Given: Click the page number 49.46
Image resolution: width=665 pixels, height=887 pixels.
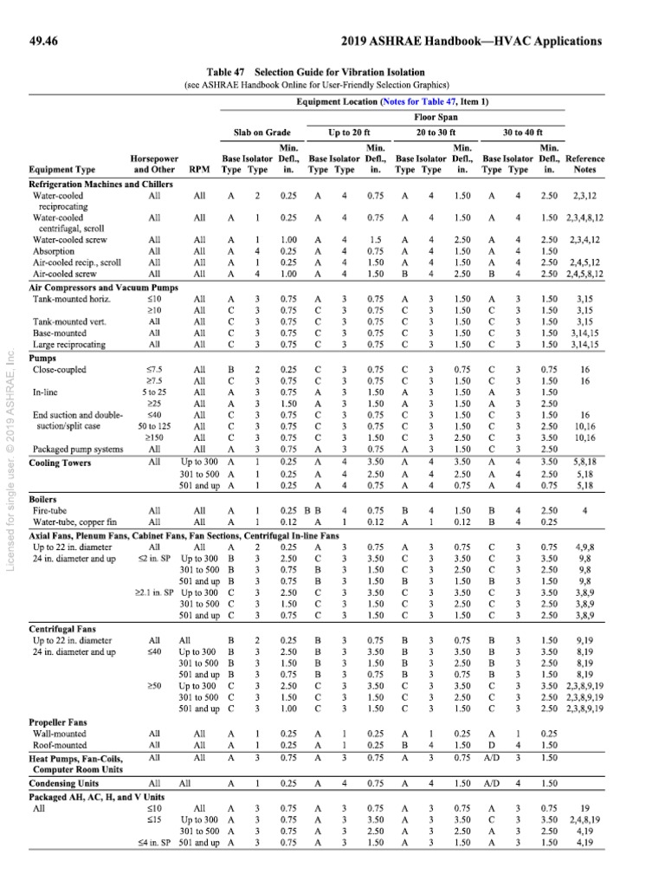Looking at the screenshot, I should point(45,41).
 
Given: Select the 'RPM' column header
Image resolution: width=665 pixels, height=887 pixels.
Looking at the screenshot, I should point(200,170).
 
